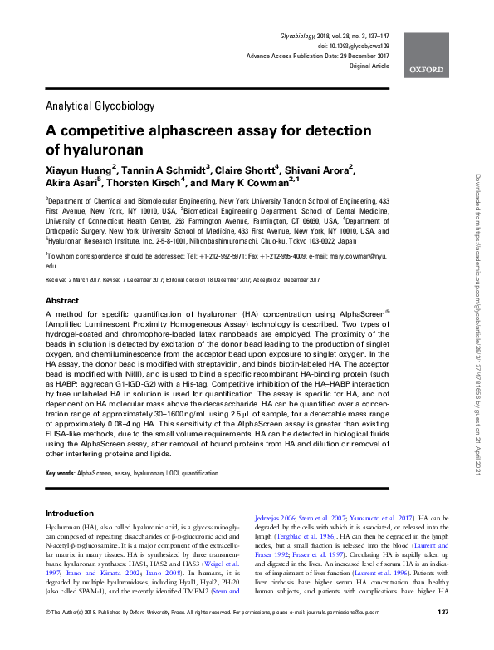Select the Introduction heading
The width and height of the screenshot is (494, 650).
pyautogui.click(x=70, y=513)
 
